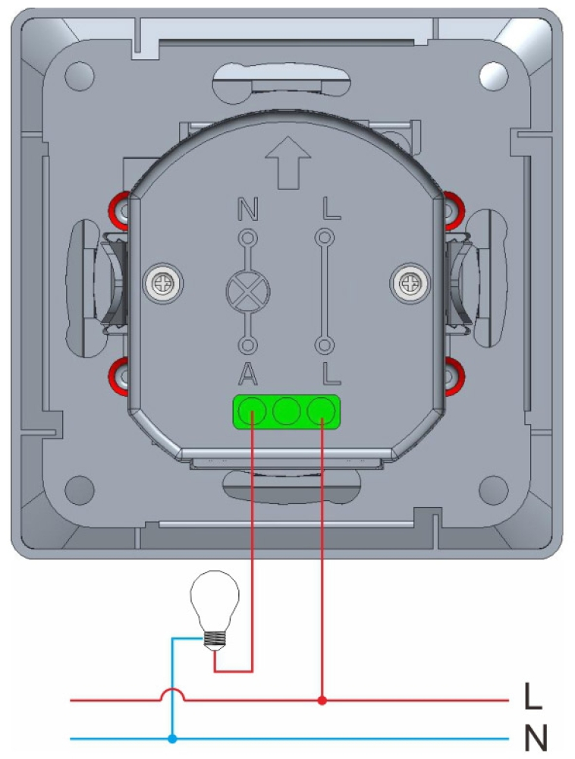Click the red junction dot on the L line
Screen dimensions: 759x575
click(322, 700)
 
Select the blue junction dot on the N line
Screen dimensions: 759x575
click(173, 738)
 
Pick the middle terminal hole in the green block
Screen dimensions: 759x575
click(285, 412)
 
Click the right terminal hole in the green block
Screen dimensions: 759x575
click(322, 412)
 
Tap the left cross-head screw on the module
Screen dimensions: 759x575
click(163, 285)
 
